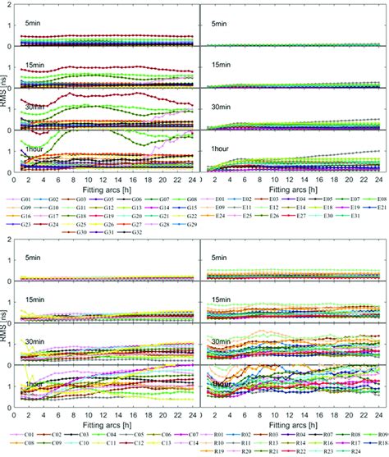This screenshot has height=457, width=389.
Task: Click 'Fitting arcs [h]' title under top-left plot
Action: (x=106, y=187)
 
